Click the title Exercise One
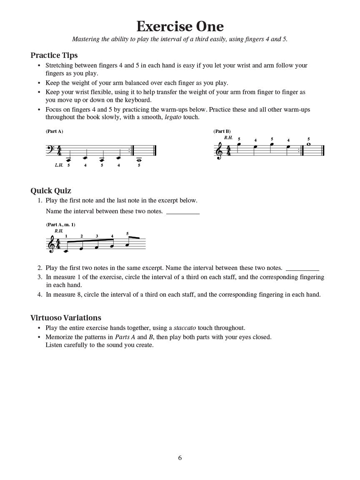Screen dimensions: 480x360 [x=180, y=26]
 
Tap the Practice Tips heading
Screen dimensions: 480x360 [x=54, y=55]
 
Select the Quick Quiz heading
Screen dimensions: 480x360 [x=51, y=191]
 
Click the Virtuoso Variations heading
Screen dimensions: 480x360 [x=66, y=318]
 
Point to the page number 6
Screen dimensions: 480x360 [x=180, y=458]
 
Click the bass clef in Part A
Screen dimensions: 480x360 [x=50, y=149]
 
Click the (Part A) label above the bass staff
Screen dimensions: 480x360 [x=54, y=131]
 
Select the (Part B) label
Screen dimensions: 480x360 [x=222, y=131]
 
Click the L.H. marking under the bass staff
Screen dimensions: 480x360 [x=59, y=165]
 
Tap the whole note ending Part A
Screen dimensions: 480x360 [x=139, y=159]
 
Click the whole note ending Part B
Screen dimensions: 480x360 [x=308, y=144]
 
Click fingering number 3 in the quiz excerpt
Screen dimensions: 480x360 [x=97, y=236]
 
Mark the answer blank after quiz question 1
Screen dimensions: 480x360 [x=183, y=212]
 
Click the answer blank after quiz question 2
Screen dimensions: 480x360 [x=302, y=270]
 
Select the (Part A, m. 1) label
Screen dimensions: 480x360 [x=60, y=225]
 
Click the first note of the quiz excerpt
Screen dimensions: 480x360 [x=65, y=251]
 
